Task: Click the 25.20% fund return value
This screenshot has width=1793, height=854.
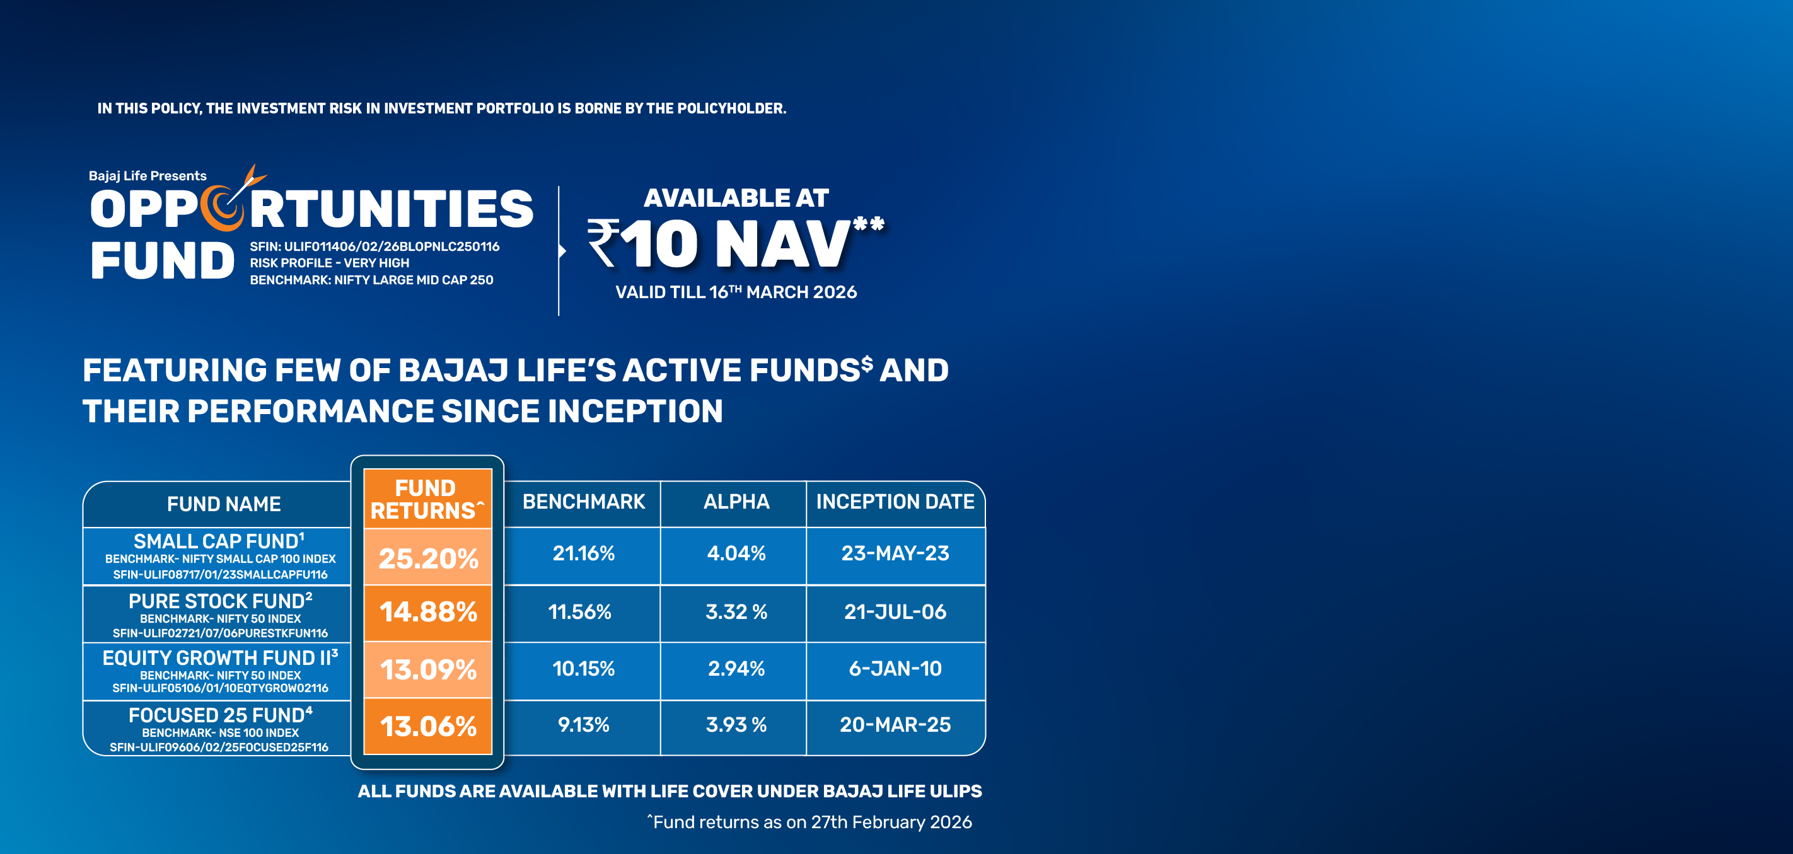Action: (428, 558)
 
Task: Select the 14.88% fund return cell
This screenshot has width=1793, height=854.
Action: (428, 612)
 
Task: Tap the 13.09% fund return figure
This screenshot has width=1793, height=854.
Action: (428, 669)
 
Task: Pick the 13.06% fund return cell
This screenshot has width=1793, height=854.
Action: (428, 726)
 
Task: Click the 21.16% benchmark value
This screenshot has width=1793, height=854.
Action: (583, 553)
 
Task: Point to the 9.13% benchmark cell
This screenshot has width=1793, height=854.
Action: (583, 725)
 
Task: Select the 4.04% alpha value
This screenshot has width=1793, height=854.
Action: (736, 553)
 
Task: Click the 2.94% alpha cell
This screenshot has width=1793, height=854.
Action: (736, 669)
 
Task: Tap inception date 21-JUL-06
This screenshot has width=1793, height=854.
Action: (895, 612)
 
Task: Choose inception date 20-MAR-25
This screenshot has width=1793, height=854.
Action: (895, 725)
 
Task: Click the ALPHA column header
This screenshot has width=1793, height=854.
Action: (736, 502)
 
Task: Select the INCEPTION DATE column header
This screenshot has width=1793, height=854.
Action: (895, 502)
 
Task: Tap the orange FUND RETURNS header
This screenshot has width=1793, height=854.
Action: (426, 499)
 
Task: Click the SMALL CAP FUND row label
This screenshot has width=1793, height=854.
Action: (219, 541)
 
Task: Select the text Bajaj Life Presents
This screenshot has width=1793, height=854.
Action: (148, 176)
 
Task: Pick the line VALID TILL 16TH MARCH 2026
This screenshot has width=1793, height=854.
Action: (736, 292)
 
